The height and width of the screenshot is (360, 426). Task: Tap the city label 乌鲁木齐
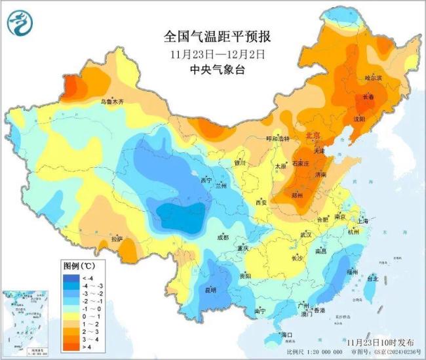point(111,102)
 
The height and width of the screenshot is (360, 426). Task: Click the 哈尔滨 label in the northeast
point(372,78)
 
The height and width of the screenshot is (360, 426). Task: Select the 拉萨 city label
point(117,239)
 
